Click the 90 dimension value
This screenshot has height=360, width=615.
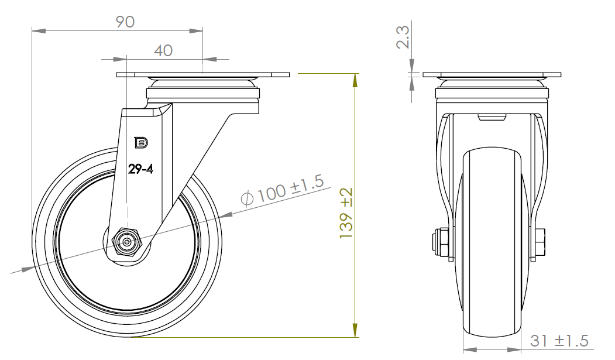[x=125, y=22]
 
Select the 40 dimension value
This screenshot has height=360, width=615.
[x=163, y=50]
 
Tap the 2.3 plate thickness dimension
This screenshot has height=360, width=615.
[x=403, y=37]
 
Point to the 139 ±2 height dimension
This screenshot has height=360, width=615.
[x=346, y=213]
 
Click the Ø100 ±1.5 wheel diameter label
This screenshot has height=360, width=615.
[x=283, y=190]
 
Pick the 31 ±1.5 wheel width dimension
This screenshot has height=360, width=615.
[x=559, y=341]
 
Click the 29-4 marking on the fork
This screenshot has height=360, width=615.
[x=140, y=169]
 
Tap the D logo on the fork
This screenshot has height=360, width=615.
[x=141, y=143]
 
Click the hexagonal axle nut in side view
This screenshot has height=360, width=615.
[x=127, y=242]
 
